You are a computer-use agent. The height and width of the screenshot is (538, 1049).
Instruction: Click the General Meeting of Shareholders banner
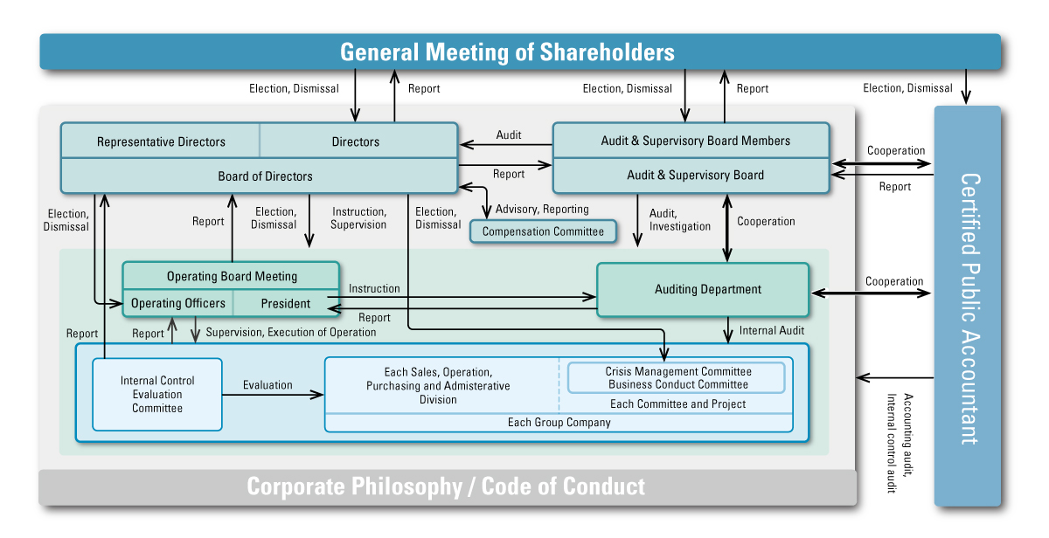[507, 52]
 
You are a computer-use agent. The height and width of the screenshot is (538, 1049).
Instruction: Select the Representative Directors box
[161, 141]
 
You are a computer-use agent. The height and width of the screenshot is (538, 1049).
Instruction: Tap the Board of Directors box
[265, 176]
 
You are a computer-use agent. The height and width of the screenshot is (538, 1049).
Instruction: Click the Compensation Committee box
[543, 231]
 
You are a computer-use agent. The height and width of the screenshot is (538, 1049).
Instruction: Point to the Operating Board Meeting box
[232, 276]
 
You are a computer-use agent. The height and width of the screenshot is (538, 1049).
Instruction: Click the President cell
[285, 304]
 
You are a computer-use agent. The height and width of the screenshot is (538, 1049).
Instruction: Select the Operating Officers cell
[178, 304]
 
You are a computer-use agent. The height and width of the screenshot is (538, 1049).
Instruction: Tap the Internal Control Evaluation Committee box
[157, 394]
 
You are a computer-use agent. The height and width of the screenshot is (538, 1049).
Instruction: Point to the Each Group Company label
[559, 423]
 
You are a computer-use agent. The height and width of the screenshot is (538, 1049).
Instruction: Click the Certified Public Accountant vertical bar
[967, 306]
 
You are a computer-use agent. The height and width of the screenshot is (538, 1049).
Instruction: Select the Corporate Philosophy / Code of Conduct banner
[446, 486]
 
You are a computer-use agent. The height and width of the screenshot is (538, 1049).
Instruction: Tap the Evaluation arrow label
[267, 385]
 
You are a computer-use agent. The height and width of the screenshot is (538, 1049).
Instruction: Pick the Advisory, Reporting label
[542, 210]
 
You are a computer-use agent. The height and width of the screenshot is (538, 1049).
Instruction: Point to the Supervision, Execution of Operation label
[291, 333]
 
